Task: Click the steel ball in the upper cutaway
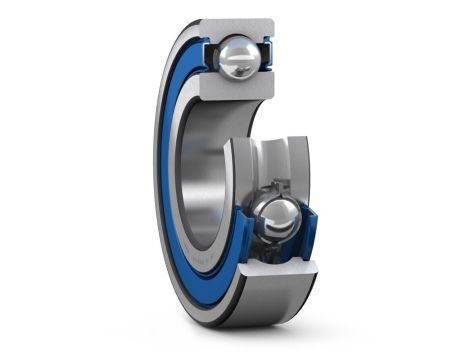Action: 240,58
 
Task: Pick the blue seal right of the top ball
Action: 267,55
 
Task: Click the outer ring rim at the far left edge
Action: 156,170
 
